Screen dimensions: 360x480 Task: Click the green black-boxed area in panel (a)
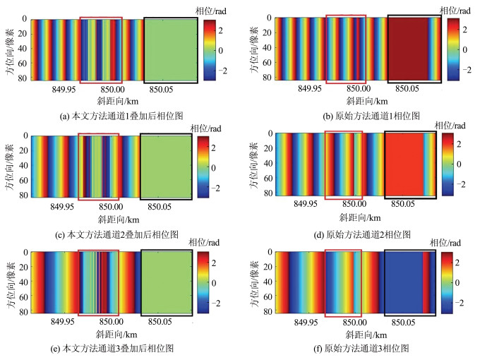pyautogui.click(x=170, y=50)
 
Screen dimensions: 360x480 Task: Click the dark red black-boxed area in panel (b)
pyautogui.click(x=413, y=50)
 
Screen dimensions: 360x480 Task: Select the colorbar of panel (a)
pyautogui.click(x=211, y=50)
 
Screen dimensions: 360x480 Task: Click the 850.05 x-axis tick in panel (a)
pyautogui.click(x=162, y=90)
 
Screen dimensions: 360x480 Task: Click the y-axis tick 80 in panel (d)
pyautogui.click(x=266, y=191)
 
